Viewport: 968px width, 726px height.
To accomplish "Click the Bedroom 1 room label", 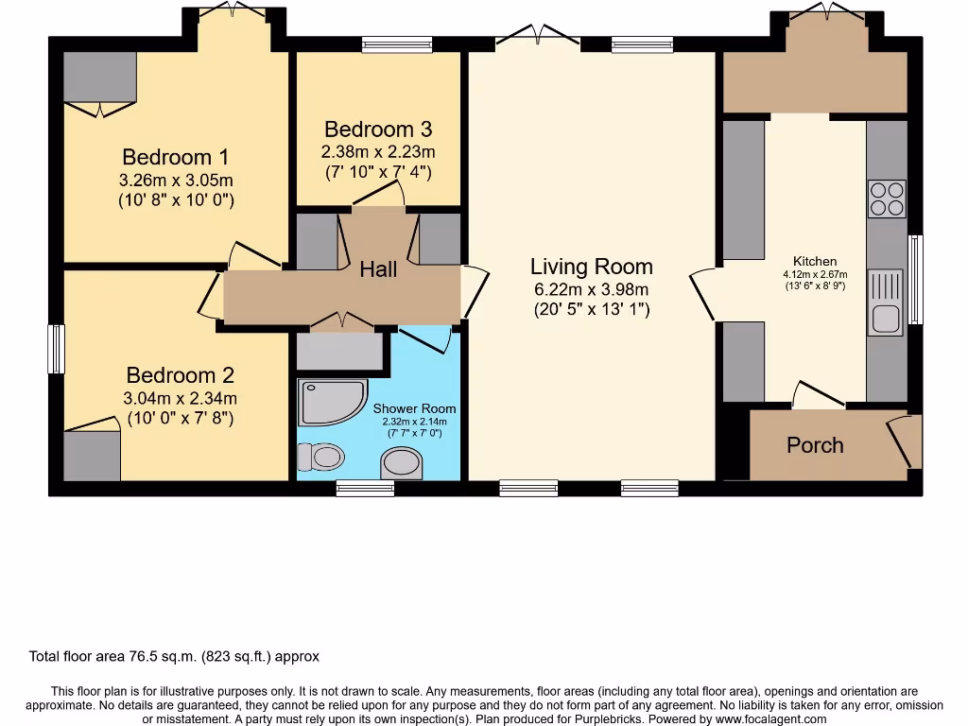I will point(175,157).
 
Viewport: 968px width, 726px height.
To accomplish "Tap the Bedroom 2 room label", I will point(180,374).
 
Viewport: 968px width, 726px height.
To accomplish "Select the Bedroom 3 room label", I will point(378,130).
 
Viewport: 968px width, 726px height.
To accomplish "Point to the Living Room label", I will point(591,267).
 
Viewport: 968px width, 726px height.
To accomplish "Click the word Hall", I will point(378,269).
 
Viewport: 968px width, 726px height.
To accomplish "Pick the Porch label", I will point(815,445).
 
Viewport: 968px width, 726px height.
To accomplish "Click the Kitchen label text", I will point(814,261).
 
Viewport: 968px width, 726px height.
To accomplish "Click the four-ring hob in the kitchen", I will point(886,199).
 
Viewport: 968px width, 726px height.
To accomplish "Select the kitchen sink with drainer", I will point(886,302).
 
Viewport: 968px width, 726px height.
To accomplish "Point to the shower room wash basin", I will point(402,462).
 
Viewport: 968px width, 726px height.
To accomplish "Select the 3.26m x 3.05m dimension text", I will point(176,180).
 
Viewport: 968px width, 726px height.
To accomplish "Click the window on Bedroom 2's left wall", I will point(57,349).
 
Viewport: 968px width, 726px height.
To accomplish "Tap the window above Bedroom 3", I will point(396,43).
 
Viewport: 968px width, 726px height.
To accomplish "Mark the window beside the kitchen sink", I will point(914,279).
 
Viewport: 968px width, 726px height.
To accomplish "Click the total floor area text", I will point(174,656).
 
